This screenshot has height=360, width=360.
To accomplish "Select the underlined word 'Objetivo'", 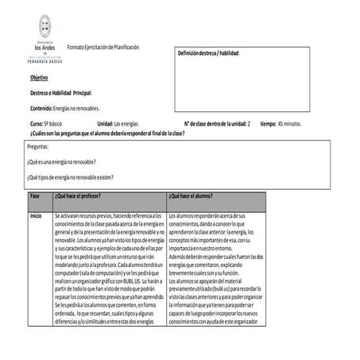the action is click(x=39, y=78).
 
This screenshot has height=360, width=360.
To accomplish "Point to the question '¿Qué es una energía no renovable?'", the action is click(x=67, y=161).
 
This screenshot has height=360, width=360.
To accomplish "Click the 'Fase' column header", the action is click(x=35, y=195).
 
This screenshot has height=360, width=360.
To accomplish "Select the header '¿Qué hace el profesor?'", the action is click(x=83, y=195).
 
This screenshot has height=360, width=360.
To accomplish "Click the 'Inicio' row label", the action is click(x=36, y=215).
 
